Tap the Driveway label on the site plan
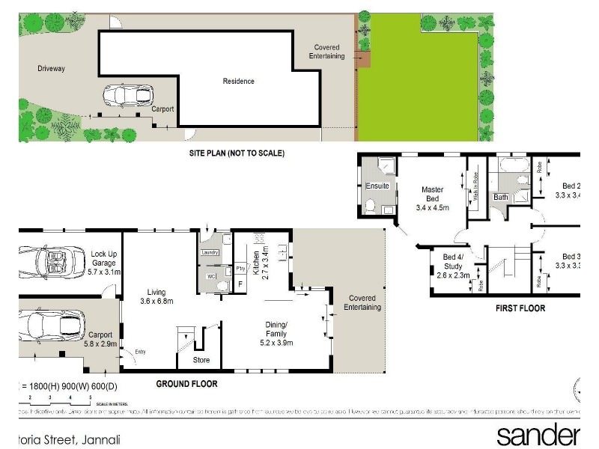(x=52, y=69)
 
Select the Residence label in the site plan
(x=239, y=82)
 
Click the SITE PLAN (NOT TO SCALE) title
(x=237, y=153)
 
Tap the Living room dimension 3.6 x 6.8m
(x=156, y=302)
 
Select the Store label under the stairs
(x=201, y=360)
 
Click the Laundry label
(x=210, y=253)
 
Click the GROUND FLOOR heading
(x=186, y=384)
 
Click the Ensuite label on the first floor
(x=377, y=186)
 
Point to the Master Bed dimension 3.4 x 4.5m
(x=433, y=207)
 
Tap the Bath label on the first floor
(x=500, y=198)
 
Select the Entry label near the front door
(x=141, y=352)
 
